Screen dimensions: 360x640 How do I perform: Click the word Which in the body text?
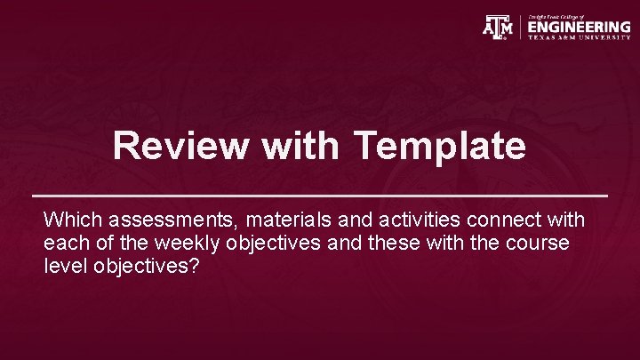pyautogui.click(x=73, y=219)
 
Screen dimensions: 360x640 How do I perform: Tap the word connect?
pyautogui.click(x=485, y=219)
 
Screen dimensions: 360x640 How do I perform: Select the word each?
pyautogui.click(x=65, y=243)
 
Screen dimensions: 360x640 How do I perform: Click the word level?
pyautogui.click(x=62, y=267)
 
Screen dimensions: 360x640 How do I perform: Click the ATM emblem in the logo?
pyautogui.click(x=497, y=28)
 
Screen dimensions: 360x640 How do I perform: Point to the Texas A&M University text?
pyautogui.click(x=579, y=37)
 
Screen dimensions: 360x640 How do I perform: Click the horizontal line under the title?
pyautogui.click(x=320, y=194)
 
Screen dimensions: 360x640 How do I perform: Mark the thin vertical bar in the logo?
pyautogui.click(x=520, y=28)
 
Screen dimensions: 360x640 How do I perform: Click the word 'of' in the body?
pyautogui.click(x=99, y=243)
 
